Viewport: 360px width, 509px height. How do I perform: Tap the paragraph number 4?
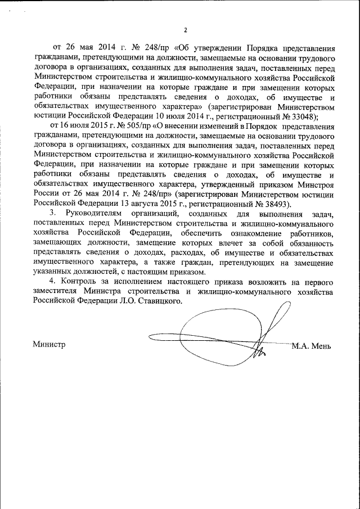(52, 282)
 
